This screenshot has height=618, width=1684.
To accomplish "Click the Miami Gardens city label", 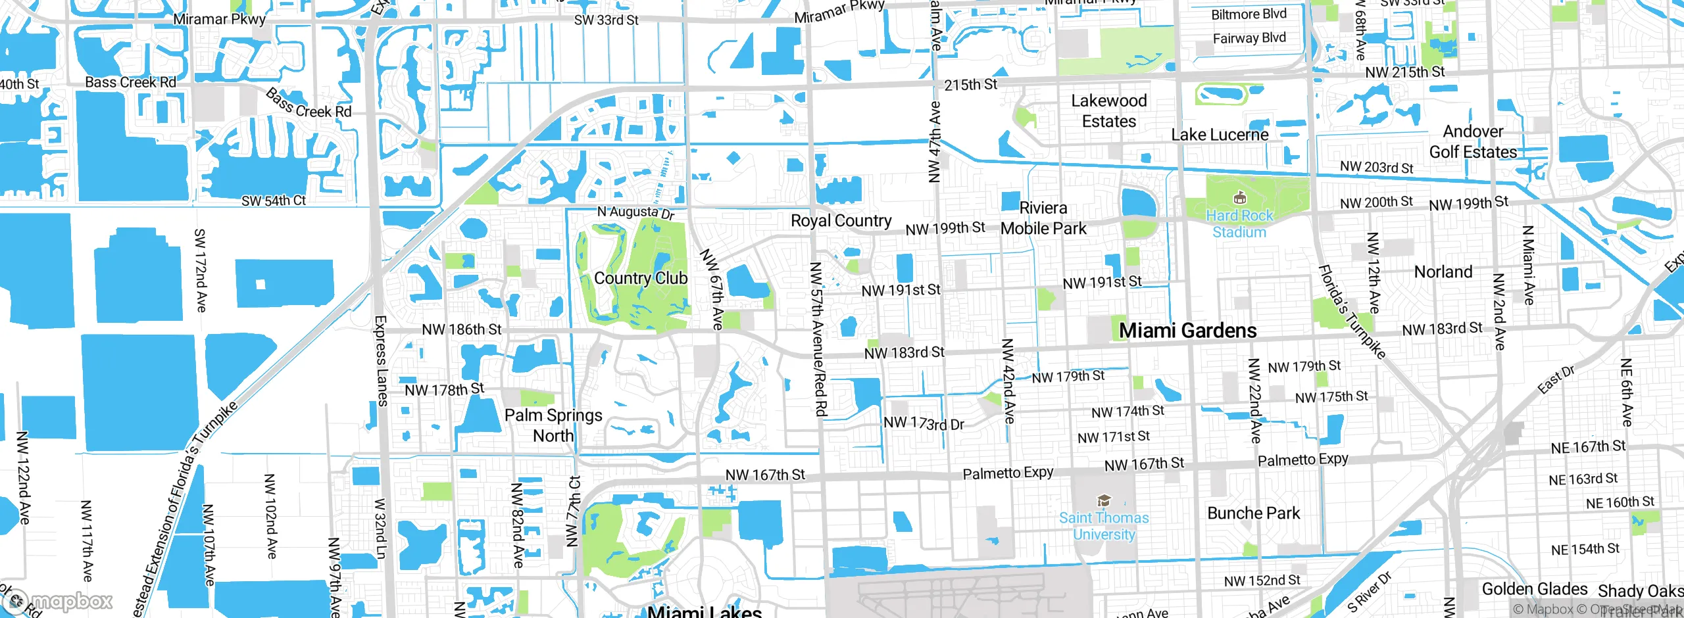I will tap(1187, 331).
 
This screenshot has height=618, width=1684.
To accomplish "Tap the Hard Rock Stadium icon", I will tap(1239, 198).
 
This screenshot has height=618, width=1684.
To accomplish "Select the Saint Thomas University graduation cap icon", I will tap(1104, 502).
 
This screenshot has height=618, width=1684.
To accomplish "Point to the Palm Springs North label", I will tap(553, 425).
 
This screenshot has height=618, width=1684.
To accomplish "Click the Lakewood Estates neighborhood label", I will tap(1109, 111).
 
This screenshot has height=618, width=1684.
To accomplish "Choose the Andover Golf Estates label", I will tap(1473, 141).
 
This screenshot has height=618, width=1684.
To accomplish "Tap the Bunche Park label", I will tap(1253, 513).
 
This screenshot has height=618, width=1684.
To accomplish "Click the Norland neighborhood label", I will tap(1443, 272).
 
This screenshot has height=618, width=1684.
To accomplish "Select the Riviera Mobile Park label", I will tap(1043, 218).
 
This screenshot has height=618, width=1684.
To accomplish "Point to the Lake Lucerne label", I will tap(1220, 135).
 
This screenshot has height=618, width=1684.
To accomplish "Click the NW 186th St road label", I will tap(462, 329).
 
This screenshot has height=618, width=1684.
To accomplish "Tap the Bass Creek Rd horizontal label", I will tap(131, 83).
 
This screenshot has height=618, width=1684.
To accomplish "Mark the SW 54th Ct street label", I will tap(274, 201).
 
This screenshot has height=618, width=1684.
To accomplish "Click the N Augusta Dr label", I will tap(635, 212).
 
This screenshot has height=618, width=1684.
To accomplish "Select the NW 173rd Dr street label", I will tap(924, 423).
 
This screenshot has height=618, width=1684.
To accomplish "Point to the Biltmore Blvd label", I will tap(1249, 14).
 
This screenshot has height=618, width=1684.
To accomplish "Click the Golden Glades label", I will tap(1534, 589).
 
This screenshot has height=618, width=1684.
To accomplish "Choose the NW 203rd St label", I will tap(1376, 168).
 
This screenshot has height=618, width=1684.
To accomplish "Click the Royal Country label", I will tap(841, 221).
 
